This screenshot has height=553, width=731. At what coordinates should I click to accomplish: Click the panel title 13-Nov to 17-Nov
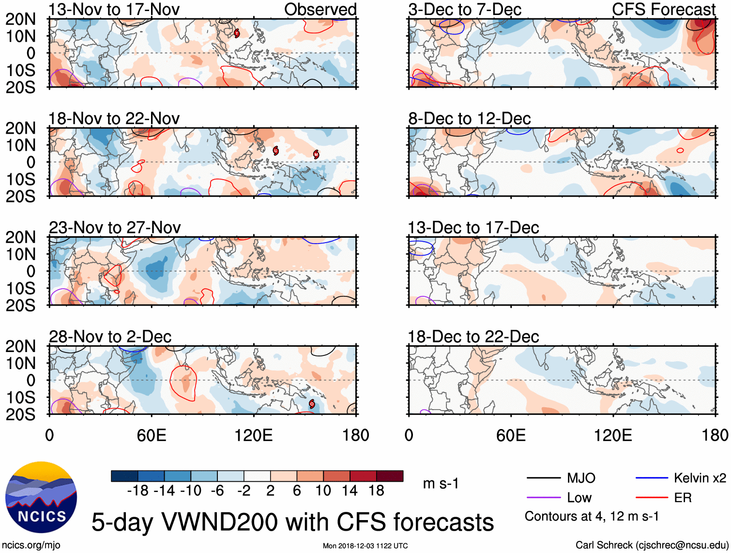pos(114,10)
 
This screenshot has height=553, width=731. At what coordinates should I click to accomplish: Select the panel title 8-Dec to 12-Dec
pos(470,119)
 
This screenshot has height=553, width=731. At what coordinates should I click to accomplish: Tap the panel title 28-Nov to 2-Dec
pos(110,337)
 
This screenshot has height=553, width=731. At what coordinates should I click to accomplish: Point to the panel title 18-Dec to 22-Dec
pos(473,337)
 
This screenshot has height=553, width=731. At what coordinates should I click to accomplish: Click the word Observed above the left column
pos(320,10)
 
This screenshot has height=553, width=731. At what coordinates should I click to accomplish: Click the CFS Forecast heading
pos(664,10)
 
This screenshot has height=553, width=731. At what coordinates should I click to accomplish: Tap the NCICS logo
pos(41,497)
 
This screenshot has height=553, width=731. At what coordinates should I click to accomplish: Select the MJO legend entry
pos(581,478)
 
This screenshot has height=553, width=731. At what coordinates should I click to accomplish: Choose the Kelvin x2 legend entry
pos(700,478)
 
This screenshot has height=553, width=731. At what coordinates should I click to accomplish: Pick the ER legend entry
pos(683,498)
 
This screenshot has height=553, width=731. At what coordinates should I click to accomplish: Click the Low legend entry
pos(579,498)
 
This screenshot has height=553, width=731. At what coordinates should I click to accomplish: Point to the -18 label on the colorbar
pos(138,491)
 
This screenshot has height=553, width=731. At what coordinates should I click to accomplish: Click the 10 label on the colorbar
pos(323,491)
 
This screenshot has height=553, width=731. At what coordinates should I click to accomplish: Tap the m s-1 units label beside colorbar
pos(441,483)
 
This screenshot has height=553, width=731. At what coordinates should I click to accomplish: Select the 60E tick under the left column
pos(152,435)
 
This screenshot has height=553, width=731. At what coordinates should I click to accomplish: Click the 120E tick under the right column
pos(613,435)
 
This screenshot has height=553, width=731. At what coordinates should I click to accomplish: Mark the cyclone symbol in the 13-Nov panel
pos(237,33)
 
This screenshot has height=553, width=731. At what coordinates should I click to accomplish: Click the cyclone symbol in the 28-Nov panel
pos(312,404)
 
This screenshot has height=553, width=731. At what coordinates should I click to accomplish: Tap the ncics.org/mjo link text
pos(31,545)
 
